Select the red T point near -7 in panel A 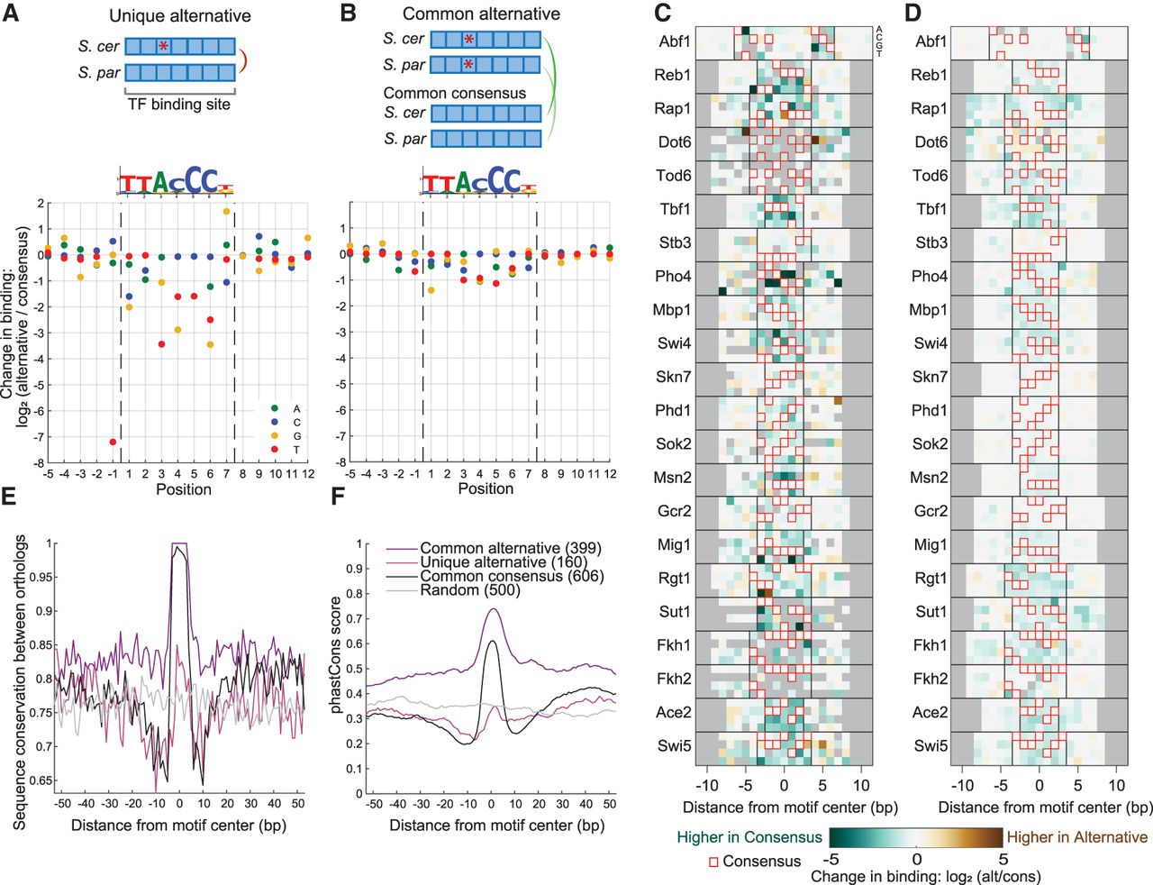(113, 442)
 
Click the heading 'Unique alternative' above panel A (180, 15)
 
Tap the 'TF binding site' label (178, 105)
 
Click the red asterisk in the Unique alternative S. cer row (163, 46)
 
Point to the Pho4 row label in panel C (673, 277)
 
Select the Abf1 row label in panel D (931, 41)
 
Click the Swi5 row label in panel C (674, 745)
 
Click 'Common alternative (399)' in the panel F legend (510, 548)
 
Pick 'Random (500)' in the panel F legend (469, 589)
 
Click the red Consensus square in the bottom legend (713, 862)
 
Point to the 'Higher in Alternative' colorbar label (1076, 837)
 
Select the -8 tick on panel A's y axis (39, 462)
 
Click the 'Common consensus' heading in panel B (454, 93)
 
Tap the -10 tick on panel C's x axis (706, 785)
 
